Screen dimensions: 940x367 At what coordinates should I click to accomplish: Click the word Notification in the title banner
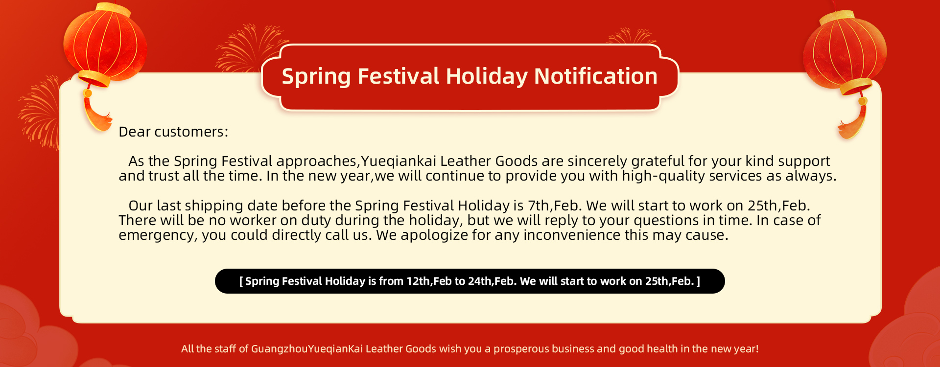pos(596,76)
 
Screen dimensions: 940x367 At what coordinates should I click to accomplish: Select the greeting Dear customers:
pos(173,132)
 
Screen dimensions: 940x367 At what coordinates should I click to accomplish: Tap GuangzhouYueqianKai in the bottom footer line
pos(306,349)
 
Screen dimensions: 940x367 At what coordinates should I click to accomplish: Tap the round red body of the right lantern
pos(845,51)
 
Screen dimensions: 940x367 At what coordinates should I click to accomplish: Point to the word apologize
pos(434,235)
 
